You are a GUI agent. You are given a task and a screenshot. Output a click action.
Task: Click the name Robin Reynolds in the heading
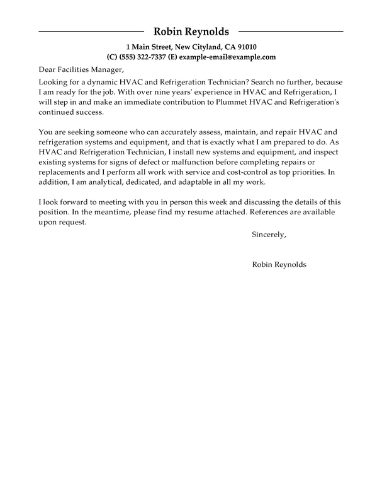[191, 32]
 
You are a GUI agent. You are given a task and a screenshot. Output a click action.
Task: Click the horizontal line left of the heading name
[92, 31]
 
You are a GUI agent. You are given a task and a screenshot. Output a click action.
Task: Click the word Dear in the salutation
[49, 69]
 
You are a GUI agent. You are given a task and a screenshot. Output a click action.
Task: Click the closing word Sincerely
[269, 235]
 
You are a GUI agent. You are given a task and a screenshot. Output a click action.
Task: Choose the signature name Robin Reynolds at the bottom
[279, 265]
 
